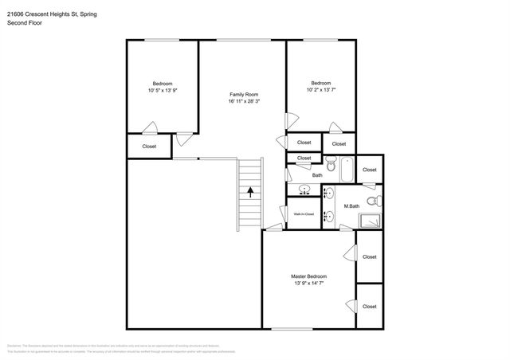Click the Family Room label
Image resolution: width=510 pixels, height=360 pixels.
[x=243, y=94]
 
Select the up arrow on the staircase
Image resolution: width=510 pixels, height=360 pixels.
[x=251, y=191]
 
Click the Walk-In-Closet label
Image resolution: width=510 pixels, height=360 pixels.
[x=304, y=214]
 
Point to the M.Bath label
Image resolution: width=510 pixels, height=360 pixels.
[x=351, y=207]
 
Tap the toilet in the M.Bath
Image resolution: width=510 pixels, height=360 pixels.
[x=371, y=200]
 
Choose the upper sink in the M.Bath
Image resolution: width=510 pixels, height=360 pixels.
[x=329, y=193]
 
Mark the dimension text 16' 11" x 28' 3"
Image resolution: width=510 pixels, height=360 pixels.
[x=243, y=102]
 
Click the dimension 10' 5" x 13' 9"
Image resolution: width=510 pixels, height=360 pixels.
[x=163, y=91]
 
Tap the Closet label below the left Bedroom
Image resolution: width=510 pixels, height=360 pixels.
[x=149, y=147]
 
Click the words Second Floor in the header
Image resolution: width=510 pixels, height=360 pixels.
[x=24, y=23]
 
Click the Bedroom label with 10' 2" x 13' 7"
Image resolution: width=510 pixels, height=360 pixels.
[x=321, y=84]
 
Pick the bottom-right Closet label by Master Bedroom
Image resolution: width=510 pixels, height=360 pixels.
[x=370, y=306]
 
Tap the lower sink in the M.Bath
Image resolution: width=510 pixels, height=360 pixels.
[x=329, y=215]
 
